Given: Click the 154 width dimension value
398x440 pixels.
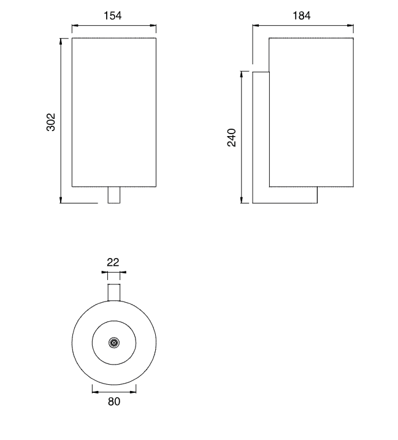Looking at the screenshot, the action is (x=113, y=15).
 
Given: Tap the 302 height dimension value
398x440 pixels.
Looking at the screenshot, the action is (x=51, y=122).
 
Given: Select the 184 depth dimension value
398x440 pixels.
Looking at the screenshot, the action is (x=302, y=15).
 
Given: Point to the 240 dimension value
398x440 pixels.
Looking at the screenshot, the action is (x=232, y=137).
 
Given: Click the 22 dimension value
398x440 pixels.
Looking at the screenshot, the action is (x=113, y=262).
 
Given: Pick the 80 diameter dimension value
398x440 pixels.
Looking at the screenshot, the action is (x=114, y=401).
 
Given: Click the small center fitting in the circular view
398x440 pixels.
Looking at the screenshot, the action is (x=114, y=343).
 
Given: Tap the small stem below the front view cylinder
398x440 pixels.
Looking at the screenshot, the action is (x=114, y=195).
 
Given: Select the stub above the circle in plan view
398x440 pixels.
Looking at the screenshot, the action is (x=114, y=292).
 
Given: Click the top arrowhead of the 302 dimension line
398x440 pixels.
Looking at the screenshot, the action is (x=61, y=41).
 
